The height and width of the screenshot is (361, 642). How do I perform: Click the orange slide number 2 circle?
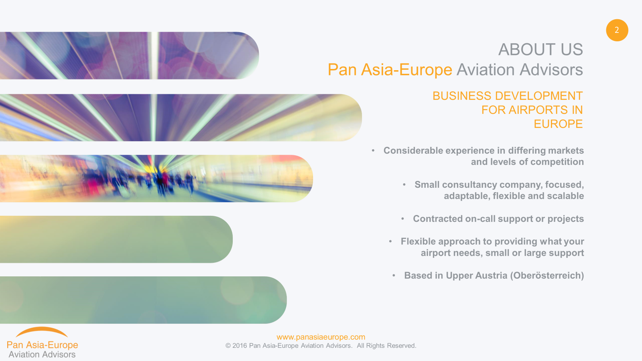click(617, 30)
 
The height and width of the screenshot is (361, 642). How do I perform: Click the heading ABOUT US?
click(540, 49)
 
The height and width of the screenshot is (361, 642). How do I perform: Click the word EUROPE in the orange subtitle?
click(558, 124)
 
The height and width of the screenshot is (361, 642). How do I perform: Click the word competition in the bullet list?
click(557, 162)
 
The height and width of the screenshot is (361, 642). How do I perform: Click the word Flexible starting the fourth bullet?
click(418, 241)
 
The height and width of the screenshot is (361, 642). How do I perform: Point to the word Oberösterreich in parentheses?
click(547, 275)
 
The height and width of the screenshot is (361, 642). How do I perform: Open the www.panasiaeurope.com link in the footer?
click(321, 337)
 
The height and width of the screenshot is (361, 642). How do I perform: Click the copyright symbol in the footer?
click(228, 346)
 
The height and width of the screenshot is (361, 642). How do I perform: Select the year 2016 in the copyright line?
click(240, 346)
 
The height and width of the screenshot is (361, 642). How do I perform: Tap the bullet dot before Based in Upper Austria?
click(394, 275)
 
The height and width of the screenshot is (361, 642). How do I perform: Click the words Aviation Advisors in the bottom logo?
click(42, 355)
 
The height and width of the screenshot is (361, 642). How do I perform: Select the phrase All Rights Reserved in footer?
click(386, 346)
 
